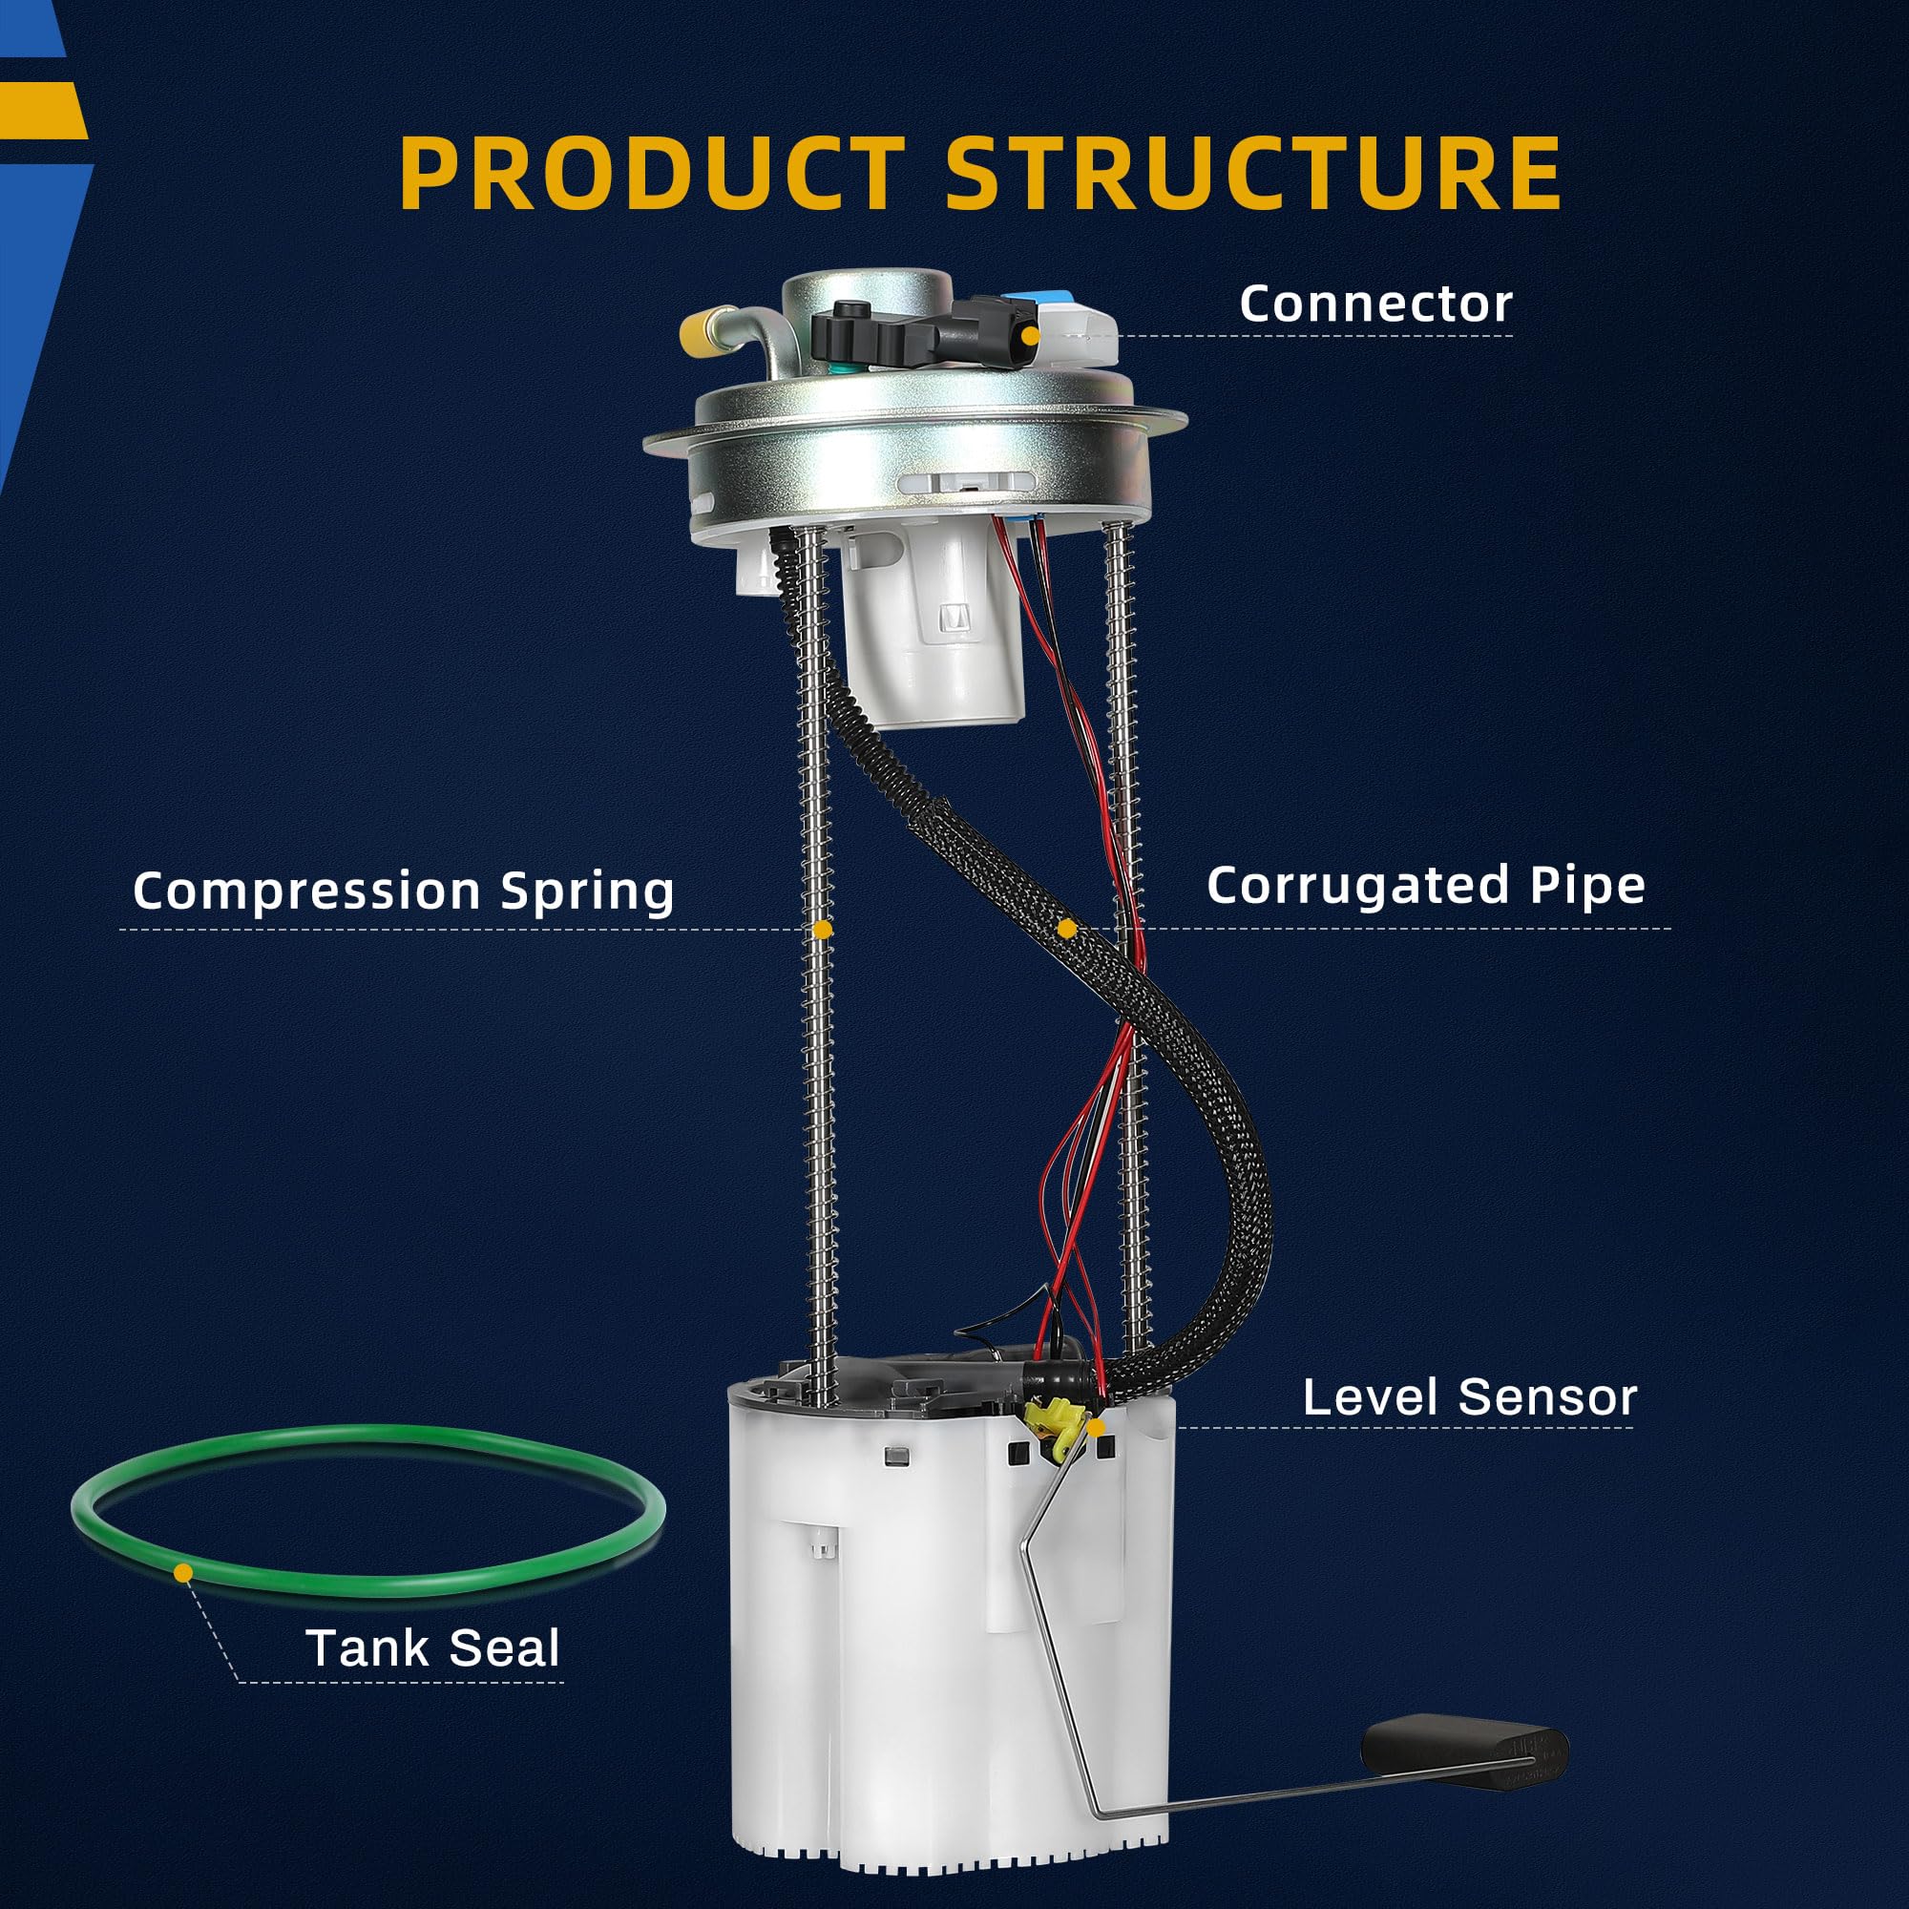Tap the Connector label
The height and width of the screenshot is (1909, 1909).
[1375, 304]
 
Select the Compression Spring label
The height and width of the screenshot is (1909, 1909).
[403, 891]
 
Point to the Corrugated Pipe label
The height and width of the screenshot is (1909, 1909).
[1426, 886]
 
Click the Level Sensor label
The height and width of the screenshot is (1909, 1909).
[1469, 1397]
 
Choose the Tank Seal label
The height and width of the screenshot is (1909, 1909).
[432, 1647]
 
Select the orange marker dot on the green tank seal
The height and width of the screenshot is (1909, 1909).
[183, 1571]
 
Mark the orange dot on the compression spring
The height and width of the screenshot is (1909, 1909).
[822, 930]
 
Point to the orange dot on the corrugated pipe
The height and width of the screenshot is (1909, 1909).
[1065, 929]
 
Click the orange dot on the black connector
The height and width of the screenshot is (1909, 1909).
[1031, 336]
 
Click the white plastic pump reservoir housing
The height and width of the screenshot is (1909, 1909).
[938, 1630]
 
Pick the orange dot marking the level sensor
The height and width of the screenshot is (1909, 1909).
[1095, 1426]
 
